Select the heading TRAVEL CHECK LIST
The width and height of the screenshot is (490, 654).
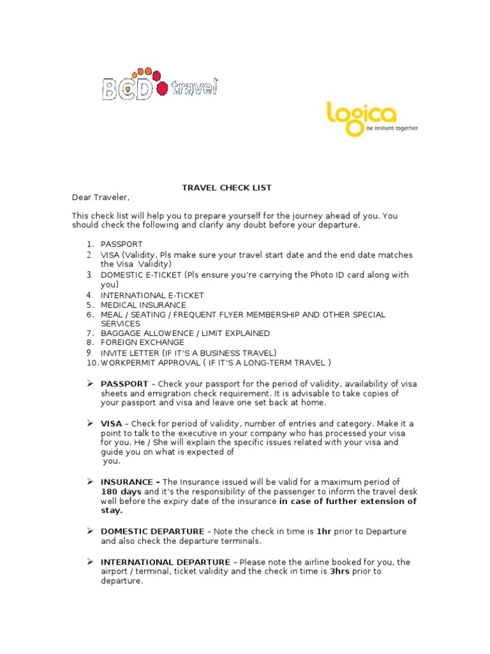[x=226, y=188]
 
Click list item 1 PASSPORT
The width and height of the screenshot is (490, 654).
[x=121, y=245]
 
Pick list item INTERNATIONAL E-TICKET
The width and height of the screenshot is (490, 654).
[x=152, y=295]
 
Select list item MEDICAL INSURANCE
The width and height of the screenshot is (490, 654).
[x=143, y=305]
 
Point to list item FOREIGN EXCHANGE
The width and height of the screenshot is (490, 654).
[x=142, y=342]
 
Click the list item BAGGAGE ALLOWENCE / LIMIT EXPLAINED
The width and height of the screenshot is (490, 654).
[x=185, y=333]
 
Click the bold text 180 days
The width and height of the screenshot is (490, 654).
[x=121, y=492]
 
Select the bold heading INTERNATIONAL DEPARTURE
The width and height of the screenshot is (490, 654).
[x=165, y=561]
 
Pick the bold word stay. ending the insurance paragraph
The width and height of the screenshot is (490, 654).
[x=111, y=511]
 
